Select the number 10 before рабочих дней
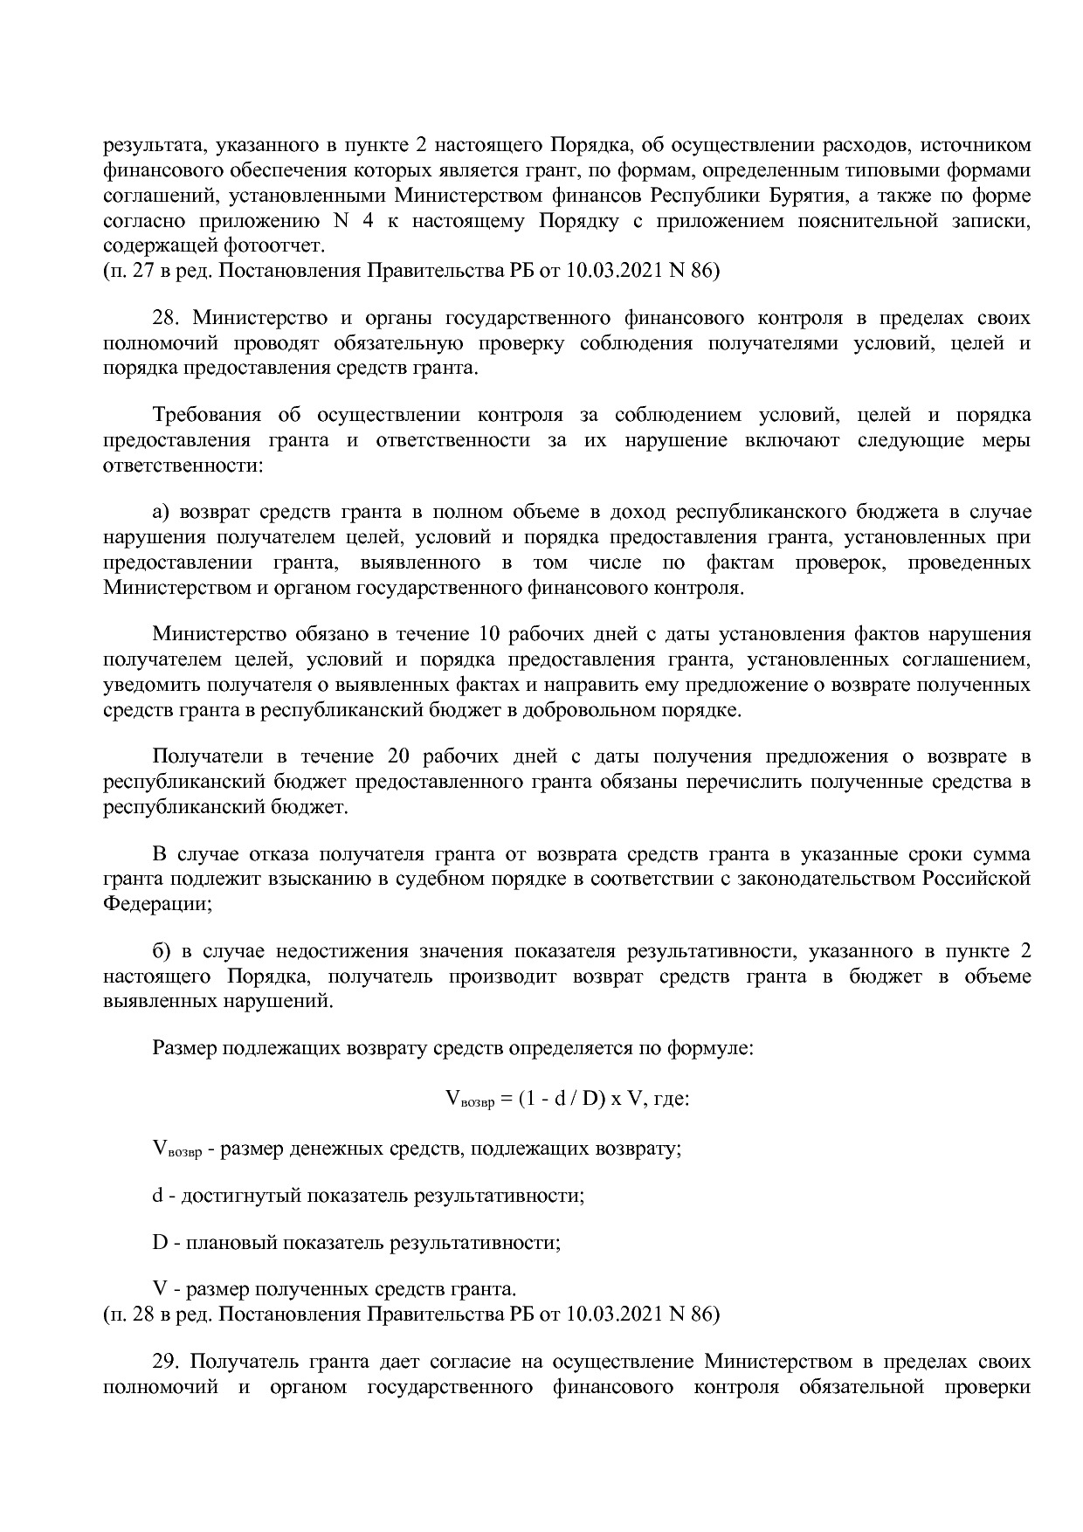click(487, 633)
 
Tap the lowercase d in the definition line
click(158, 1195)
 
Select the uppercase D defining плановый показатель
click(160, 1242)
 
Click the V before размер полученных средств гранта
click(160, 1289)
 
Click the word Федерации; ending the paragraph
click(157, 904)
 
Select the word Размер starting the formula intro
click(184, 1048)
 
